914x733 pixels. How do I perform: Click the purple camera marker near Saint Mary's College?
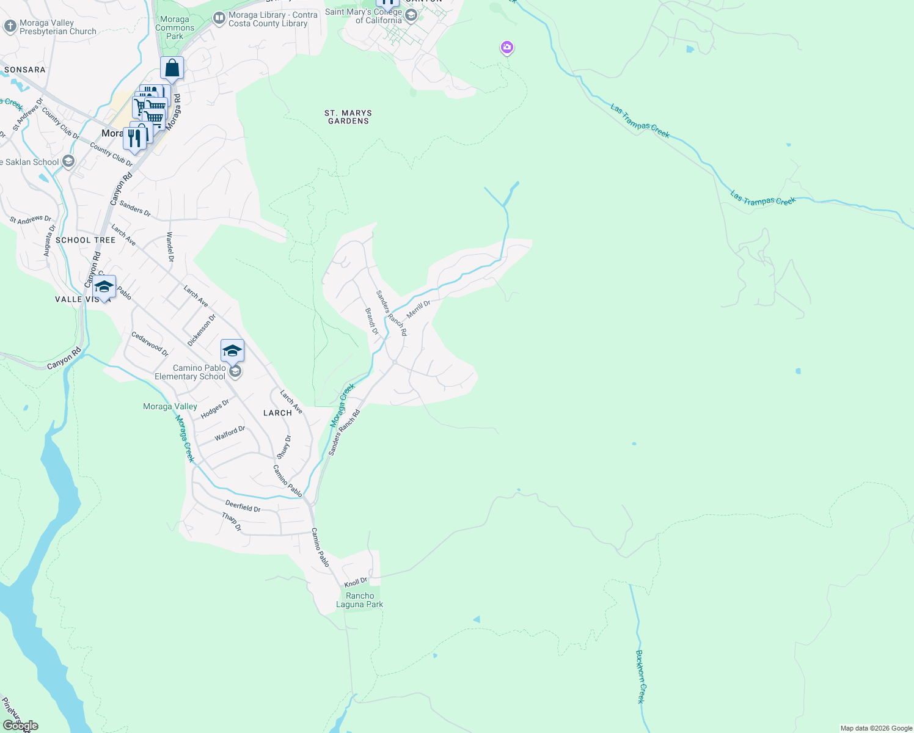pyautogui.click(x=506, y=47)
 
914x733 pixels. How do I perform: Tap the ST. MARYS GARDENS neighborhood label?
pyautogui.click(x=348, y=117)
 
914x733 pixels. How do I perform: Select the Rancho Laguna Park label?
pyautogui.click(x=360, y=600)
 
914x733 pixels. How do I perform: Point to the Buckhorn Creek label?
pyautogui.click(x=640, y=676)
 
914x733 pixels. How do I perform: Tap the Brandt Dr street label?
pyautogui.click(x=372, y=321)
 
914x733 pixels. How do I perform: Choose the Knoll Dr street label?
pyautogui.click(x=356, y=583)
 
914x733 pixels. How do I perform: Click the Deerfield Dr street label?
pyautogui.click(x=243, y=506)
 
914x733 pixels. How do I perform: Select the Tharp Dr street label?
pyautogui.click(x=232, y=522)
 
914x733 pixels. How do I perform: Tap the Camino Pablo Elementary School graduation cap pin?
pyautogui.click(x=232, y=351)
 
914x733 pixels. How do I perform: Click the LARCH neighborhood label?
pyautogui.click(x=277, y=413)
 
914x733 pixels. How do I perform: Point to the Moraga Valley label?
pyautogui.click(x=170, y=406)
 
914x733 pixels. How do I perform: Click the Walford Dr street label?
pyautogui.click(x=230, y=434)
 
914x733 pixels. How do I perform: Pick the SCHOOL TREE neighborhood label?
pyautogui.click(x=86, y=240)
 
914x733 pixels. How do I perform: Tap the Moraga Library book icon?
pyautogui.click(x=219, y=19)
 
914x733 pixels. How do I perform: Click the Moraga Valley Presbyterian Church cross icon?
pyautogui.click(x=10, y=26)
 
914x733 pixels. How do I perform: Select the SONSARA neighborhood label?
pyautogui.click(x=25, y=70)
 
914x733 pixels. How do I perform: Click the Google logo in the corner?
pyautogui.click(x=21, y=726)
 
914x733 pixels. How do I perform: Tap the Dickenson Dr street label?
pyautogui.click(x=202, y=330)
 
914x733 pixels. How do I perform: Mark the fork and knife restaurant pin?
pyautogui.click(x=134, y=138)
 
